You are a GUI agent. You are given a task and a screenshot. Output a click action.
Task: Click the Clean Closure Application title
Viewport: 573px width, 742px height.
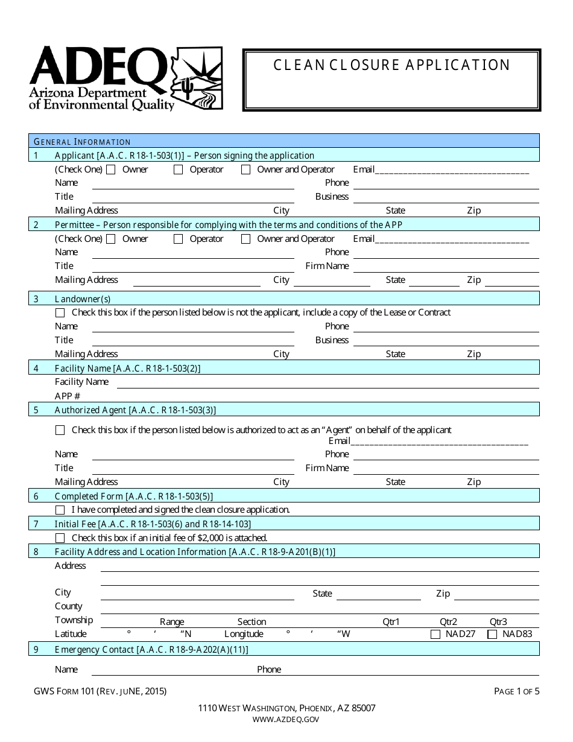[x=392, y=65]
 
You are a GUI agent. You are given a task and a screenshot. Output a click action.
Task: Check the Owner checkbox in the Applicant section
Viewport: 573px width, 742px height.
[x=111, y=170]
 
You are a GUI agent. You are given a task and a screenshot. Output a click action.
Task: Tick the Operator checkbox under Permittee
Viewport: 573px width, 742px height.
[x=179, y=239]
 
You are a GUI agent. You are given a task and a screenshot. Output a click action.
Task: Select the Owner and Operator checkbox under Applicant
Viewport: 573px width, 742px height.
[x=246, y=170]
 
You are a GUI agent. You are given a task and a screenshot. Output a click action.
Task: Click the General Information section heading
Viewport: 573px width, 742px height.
[x=83, y=142]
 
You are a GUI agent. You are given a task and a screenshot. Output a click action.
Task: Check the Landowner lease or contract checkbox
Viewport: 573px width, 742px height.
[x=60, y=313]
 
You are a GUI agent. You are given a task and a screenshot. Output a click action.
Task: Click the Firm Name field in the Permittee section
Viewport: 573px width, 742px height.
[x=445, y=266]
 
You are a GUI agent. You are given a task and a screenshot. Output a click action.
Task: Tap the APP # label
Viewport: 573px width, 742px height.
[x=68, y=396]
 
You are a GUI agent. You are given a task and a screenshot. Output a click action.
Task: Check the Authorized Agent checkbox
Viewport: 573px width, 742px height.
[x=60, y=431]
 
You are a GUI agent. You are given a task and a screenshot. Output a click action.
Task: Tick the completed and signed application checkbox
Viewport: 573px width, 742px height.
[x=60, y=510]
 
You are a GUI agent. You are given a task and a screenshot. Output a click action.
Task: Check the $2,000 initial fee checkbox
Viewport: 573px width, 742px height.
[x=60, y=538]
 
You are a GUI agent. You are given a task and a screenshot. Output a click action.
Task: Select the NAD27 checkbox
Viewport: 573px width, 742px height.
[x=435, y=635]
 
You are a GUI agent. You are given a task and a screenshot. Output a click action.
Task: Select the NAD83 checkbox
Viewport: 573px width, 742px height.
[x=492, y=635]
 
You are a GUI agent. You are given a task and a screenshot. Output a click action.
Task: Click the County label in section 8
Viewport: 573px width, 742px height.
[x=68, y=606]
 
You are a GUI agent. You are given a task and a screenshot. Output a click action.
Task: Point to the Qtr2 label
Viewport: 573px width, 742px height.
[x=448, y=622]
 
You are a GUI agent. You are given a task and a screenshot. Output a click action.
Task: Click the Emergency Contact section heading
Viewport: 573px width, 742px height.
[x=151, y=650]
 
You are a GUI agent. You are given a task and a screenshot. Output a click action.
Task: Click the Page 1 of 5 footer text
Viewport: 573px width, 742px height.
[x=516, y=691]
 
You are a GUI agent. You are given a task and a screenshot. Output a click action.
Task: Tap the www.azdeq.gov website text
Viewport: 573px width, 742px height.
[x=286, y=719]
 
